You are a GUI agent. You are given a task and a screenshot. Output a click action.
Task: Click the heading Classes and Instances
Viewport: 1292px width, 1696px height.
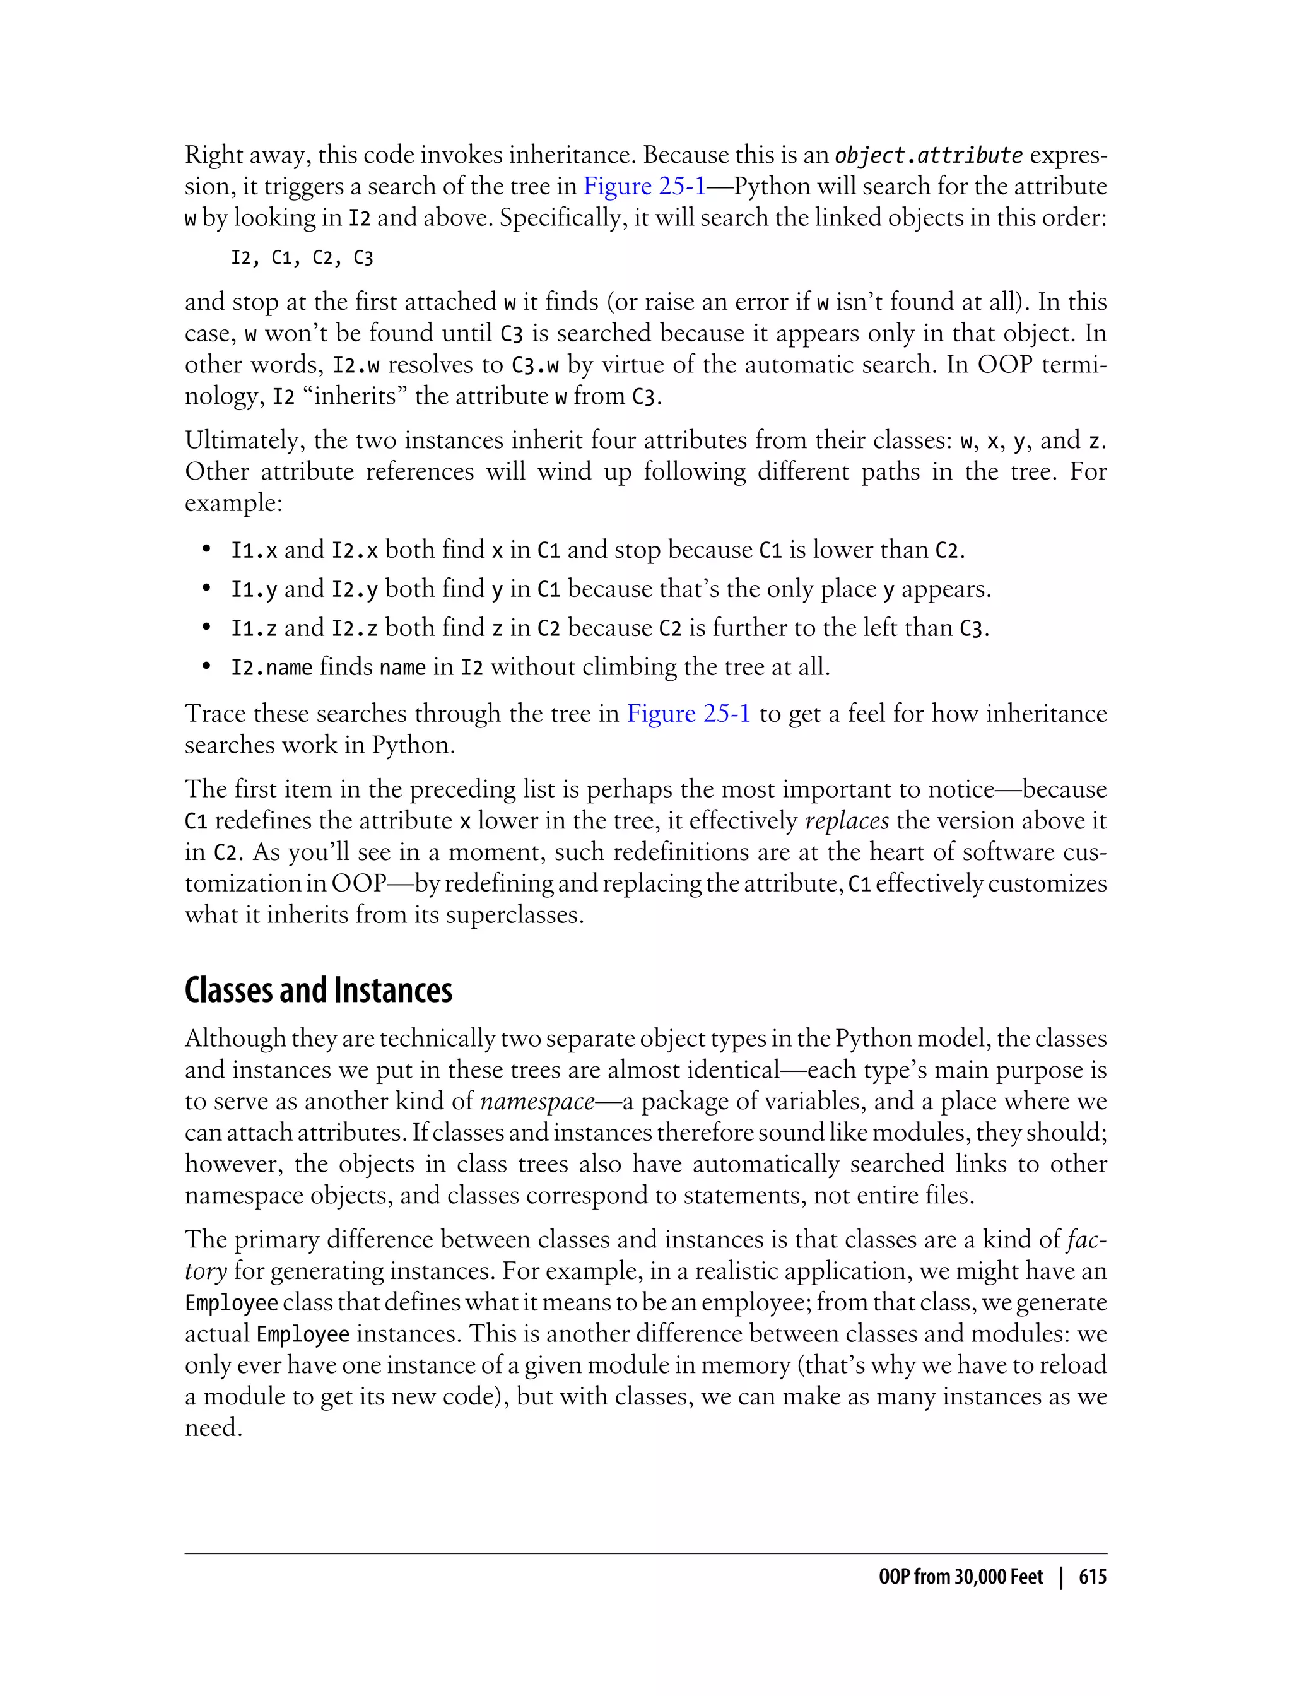tap(319, 991)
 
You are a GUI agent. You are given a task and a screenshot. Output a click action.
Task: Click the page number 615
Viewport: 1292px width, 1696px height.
tap(1092, 1577)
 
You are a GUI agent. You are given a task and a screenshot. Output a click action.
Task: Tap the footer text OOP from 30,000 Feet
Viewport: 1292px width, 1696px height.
tap(961, 1577)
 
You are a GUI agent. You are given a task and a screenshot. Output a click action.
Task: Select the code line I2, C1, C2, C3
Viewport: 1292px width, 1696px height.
tap(302, 257)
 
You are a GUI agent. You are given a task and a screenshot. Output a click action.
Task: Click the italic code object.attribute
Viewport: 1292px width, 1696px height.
tap(928, 155)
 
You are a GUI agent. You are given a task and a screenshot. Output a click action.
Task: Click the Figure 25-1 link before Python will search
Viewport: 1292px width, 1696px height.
tap(643, 186)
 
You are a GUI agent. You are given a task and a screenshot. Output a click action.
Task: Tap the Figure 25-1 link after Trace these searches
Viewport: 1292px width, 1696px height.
tap(688, 714)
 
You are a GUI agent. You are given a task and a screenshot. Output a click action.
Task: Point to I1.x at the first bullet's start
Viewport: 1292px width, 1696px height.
tap(254, 551)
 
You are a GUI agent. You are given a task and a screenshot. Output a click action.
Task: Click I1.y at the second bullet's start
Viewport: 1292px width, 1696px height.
tap(254, 590)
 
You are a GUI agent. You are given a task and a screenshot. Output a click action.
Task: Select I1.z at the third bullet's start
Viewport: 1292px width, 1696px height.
tap(254, 629)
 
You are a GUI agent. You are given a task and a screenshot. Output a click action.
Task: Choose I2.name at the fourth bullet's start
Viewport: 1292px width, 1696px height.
tap(271, 668)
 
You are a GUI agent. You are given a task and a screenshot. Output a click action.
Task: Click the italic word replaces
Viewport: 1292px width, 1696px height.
tap(846, 821)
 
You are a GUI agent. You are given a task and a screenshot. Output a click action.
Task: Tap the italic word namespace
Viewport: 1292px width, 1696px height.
tap(537, 1102)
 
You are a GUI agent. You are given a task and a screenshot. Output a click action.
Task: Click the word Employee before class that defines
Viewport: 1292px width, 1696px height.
tap(231, 1303)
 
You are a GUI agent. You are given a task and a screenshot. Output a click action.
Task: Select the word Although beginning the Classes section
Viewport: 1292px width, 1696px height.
tap(235, 1039)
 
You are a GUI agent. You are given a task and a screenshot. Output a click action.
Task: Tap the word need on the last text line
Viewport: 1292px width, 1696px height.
tap(213, 1428)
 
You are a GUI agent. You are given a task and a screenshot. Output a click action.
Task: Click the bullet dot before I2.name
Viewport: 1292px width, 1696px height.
tap(206, 666)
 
